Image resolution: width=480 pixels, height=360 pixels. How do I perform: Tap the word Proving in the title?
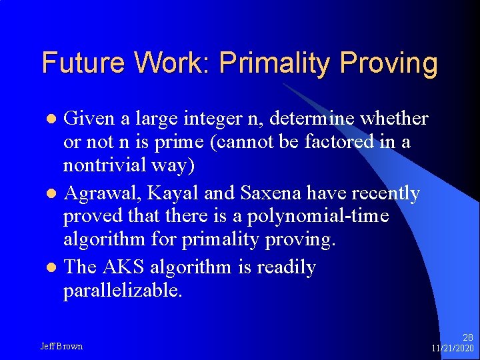(x=389, y=64)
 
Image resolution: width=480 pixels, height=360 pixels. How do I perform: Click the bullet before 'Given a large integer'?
(x=55, y=119)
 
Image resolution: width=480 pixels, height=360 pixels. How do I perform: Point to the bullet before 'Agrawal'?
(x=55, y=194)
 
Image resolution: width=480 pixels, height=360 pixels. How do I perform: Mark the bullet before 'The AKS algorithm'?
(x=55, y=268)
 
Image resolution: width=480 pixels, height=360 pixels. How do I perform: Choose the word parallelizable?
(x=122, y=291)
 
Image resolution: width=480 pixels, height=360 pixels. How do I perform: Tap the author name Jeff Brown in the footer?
(x=61, y=346)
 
